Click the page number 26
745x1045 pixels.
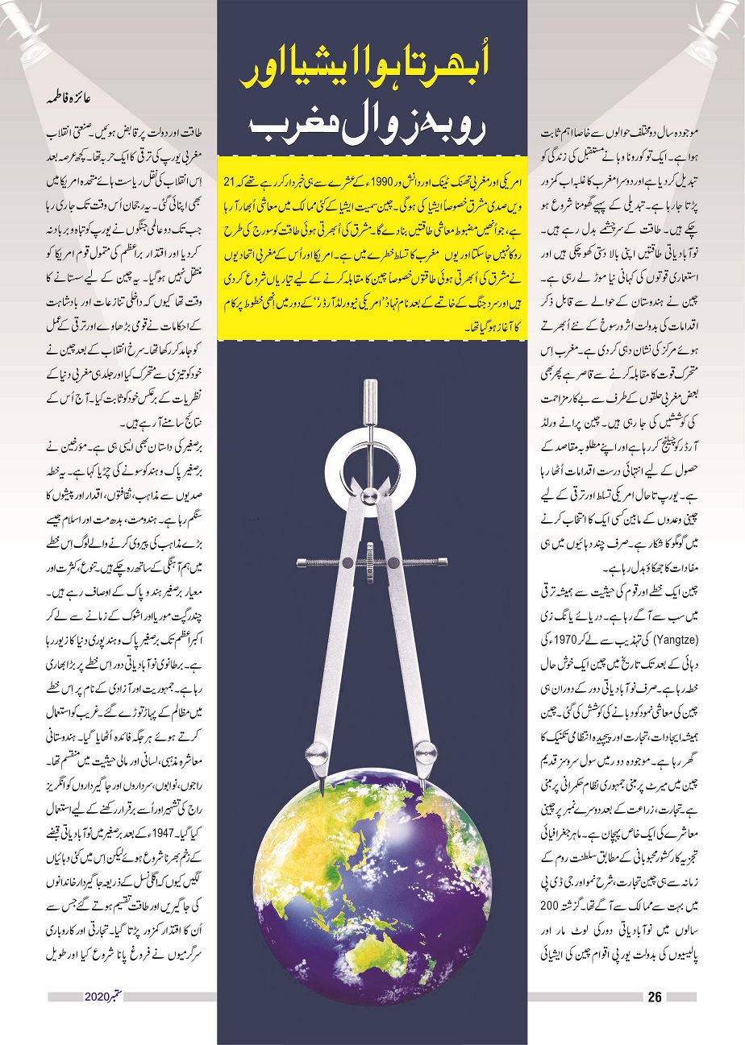(x=654, y=997)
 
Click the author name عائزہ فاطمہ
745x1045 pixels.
(x=73, y=104)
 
